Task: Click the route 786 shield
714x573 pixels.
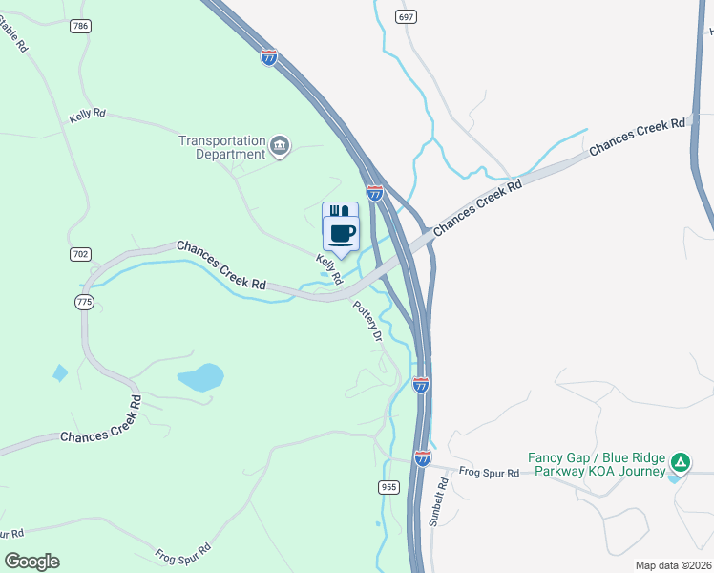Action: pos(79,26)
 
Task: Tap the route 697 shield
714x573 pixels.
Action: pos(407,18)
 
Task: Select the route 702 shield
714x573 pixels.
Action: pos(80,254)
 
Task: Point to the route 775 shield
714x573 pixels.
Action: pos(85,302)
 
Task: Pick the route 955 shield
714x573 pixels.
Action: pos(388,487)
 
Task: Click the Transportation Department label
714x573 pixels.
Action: pos(221,147)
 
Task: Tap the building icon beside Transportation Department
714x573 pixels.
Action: pos(280,146)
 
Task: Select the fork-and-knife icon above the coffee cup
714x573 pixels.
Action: pos(341,211)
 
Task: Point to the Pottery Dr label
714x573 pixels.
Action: pos(368,321)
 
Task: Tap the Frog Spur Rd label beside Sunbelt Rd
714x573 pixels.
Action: pos(489,473)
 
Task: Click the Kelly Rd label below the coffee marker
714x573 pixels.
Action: pos(329,269)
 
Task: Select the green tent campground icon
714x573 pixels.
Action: pos(680,463)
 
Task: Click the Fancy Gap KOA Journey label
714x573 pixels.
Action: pos(599,464)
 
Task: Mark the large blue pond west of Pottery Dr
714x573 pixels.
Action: pos(200,377)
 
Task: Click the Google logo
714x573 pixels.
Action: pos(31,562)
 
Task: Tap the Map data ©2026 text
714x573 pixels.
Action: pos(673,565)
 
